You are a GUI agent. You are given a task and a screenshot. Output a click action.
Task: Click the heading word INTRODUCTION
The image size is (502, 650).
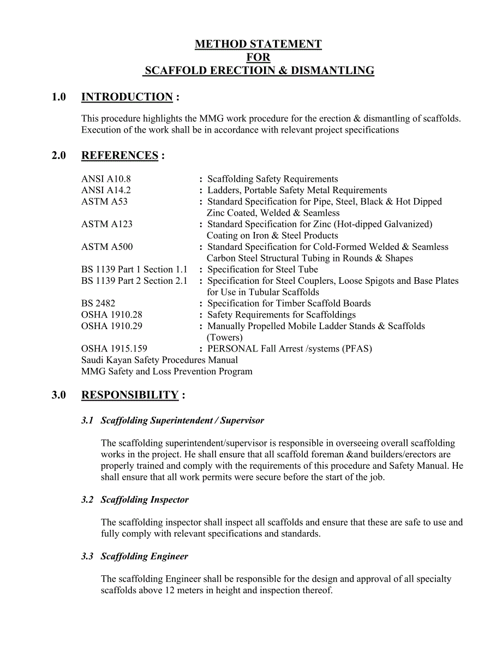pos(127,97)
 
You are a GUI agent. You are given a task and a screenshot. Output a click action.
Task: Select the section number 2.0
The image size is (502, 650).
pos(59,156)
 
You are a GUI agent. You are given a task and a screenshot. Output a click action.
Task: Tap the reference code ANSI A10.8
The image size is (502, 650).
pos(106,179)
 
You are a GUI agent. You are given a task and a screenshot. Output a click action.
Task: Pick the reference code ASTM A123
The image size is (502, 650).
pos(106,224)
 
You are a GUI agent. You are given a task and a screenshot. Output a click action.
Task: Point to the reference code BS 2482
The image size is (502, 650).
pos(98,303)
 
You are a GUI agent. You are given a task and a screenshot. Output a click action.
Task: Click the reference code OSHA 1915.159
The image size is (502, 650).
pos(114,349)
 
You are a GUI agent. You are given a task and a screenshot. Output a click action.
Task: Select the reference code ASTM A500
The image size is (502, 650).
pos(106,247)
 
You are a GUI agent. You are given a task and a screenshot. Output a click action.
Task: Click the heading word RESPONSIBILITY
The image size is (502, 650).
pos(130,395)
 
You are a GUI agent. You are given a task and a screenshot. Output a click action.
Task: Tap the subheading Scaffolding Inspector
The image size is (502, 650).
pos(145,500)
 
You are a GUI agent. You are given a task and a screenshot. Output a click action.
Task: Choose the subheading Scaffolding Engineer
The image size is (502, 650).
pos(144,557)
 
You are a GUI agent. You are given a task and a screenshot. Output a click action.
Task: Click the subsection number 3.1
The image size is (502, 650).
pos(87,421)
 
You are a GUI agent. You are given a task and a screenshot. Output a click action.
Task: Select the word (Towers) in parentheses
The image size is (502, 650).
pos(225,337)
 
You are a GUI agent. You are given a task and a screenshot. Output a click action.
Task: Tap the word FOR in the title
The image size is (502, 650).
pos(258,57)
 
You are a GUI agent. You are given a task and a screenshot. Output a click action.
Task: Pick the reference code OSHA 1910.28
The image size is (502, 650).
pos(112,315)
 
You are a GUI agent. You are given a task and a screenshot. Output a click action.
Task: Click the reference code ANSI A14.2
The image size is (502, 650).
pos(106,190)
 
